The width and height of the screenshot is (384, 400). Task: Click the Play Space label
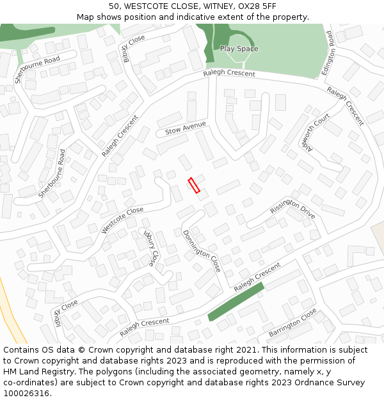tap(239, 49)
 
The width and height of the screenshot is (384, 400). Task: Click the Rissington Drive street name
tap(292, 209)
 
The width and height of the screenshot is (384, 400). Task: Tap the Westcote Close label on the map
tap(122, 220)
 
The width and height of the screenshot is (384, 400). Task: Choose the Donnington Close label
tap(202, 251)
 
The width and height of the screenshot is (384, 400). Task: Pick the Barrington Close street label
tap(292, 323)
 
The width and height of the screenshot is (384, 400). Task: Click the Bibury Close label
tap(134, 48)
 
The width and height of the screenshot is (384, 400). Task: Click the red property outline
tap(194, 185)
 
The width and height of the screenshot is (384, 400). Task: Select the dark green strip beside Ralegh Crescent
tap(236, 302)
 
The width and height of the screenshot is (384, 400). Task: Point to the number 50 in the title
tap(115, 6)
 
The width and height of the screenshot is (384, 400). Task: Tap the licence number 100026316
tap(26, 394)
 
